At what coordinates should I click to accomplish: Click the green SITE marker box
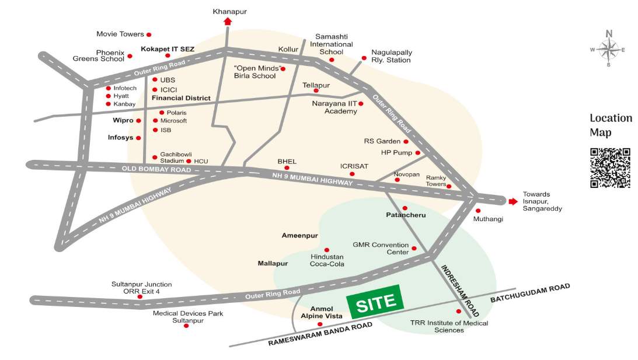(375, 302)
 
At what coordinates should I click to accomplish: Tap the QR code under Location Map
(610, 167)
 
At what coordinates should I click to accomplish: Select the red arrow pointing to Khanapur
(227, 22)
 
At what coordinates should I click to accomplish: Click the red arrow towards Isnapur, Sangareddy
(513, 201)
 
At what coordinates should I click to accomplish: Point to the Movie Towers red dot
(149, 35)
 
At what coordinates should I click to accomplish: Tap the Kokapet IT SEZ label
(168, 49)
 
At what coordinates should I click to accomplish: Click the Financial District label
(181, 98)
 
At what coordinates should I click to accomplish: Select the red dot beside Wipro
(138, 121)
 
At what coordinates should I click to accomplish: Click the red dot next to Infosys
(138, 138)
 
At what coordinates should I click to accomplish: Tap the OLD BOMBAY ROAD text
(156, 169)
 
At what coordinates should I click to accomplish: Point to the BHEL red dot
(287, 167)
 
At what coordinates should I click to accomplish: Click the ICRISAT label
(354, 166)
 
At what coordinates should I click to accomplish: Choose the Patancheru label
(406, 215)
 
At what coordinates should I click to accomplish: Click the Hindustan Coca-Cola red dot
(327, 250)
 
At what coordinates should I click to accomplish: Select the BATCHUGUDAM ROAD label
(529, 292)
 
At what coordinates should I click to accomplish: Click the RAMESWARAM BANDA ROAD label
(320, 335)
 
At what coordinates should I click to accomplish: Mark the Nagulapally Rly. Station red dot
(364, 58)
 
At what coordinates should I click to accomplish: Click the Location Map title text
(611, 125)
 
